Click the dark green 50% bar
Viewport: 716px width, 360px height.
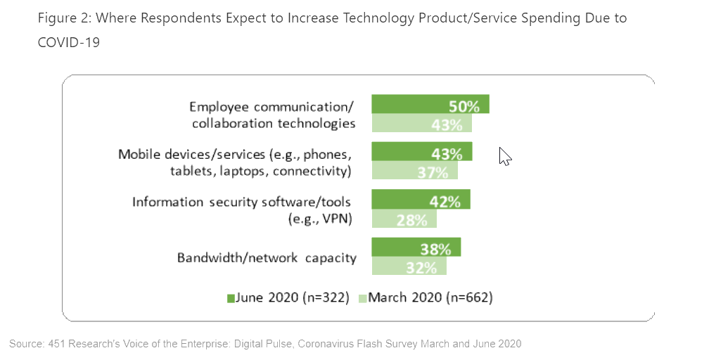pos(430,104)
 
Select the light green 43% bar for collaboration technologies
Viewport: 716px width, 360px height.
pos(421,124)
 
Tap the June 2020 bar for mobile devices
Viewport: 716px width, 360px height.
pos(421,152)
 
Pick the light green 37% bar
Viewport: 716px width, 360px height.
pos(414,171)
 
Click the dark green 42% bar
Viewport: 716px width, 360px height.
pos(421,200)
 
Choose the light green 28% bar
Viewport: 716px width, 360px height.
pos(404,219)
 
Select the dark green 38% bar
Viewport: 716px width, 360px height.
pos(416,247)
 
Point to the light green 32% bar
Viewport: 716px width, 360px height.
pos(409,266)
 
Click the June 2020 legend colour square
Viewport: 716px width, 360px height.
pos(231,298)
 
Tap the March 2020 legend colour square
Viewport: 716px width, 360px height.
pos(363,298)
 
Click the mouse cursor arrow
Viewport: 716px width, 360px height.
pos(504,155)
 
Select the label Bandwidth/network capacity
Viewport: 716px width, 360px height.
pos(267,257)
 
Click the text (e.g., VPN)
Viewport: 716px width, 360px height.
pos(320,219)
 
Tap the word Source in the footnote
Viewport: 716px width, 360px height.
pos(26,343)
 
